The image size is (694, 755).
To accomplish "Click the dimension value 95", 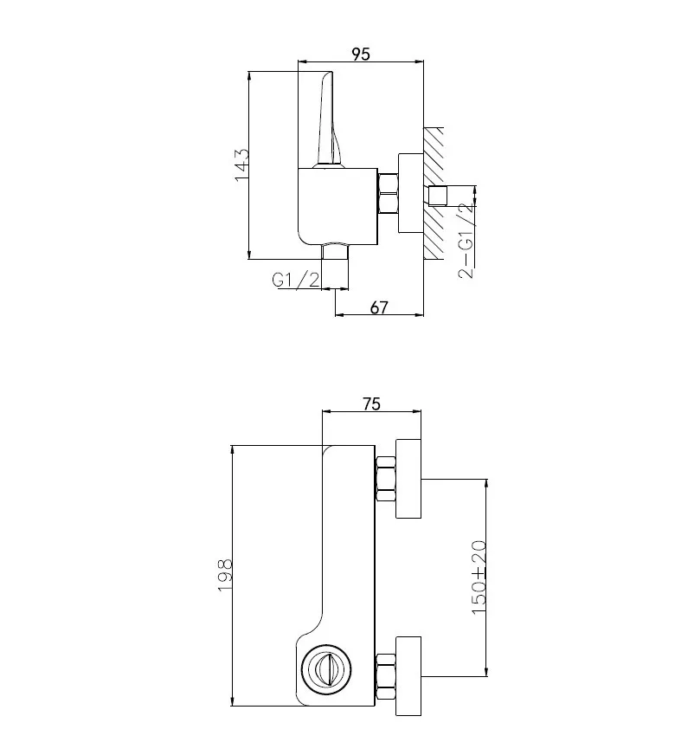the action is pyautogui.click(x=361, y=54).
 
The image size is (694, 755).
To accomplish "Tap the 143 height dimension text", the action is pyautogui.click(x=242, y=165).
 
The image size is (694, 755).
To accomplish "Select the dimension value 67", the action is pyautogui.click(x=379, y=307).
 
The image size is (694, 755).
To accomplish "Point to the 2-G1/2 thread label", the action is pyautogui.click(x=466, y=241).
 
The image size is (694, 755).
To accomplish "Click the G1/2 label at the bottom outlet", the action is pyautogui.click(x=296, y=280).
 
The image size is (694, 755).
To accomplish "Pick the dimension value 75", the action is pyautogui.click(x=371, y=404).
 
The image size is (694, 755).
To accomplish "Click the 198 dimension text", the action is pyautogui.click(x=225, y=575).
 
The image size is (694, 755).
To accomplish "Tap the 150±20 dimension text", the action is pyautogui.click(x=479, y=578).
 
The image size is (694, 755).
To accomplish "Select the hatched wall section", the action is pyautogui.click(x=434, y=193).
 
